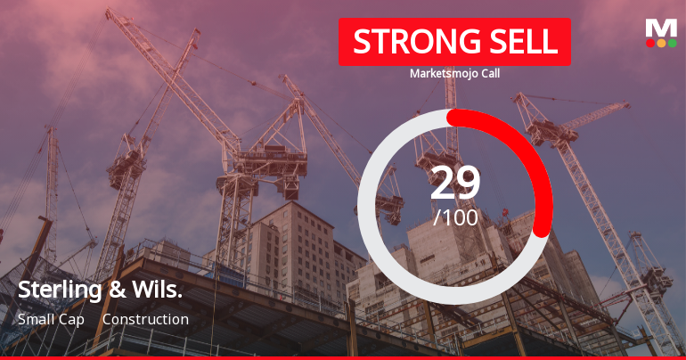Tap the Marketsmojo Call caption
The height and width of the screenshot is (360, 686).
454,73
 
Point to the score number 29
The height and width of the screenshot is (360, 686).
455,183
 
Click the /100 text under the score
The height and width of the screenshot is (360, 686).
455,217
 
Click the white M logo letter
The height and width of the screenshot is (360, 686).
661,27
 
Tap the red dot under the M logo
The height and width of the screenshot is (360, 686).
650,43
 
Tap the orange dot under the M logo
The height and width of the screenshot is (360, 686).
661,43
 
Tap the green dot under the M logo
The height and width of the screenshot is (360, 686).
672,43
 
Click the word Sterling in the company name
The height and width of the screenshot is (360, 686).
54,290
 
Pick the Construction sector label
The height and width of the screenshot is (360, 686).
145,319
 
